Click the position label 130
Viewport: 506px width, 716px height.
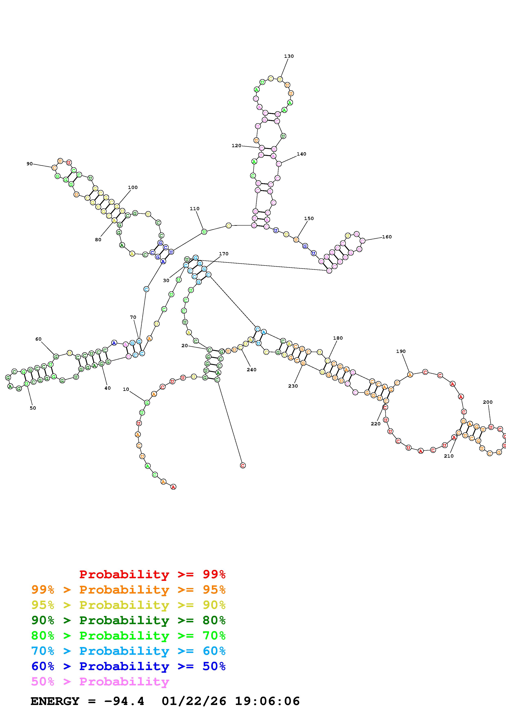289,56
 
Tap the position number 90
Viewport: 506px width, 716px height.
30,164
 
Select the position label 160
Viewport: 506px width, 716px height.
387,237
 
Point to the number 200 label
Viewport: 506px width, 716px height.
488,402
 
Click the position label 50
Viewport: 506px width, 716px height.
33,408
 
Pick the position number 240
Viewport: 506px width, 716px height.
251,370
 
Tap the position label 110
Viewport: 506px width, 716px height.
195,209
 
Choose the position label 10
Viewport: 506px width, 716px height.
126,389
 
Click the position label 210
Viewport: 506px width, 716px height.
449,456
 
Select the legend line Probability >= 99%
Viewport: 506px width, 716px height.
152,574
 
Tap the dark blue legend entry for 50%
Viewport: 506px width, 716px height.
128,666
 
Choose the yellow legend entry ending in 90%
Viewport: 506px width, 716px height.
128,605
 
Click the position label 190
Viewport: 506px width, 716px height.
401,351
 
